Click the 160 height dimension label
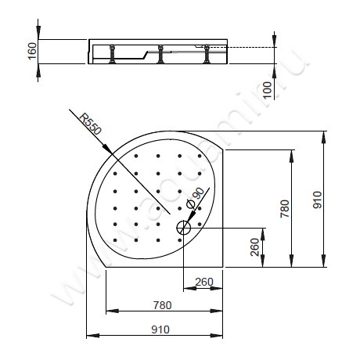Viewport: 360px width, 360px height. (32, 51)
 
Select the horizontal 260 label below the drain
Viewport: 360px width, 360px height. (203, 281)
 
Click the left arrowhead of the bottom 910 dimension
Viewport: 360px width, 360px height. (86, 336)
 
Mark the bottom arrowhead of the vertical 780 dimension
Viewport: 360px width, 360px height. (292, 266)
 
